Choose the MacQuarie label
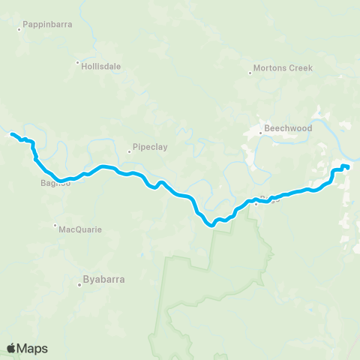pyautogui.click(x=79, y=229)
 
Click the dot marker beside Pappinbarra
pyautogui.click(x=19, y=29)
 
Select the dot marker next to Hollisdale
pyautogui.click(x=76, y=62)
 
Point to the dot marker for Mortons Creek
pyautogui.click(x=250, y=72)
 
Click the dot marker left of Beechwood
pyautogui.click(x=260, y=133)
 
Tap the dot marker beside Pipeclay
pyautogui.click(x=129, y=151)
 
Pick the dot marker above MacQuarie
pyautogui.click(x=55, y=224)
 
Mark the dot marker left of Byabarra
pyautogui.click(x=80, y=284)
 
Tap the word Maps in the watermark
pyautogui.click(x=32, y=348)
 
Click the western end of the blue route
pyautogui.click(x=11, y=134)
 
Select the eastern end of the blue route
pyautogui.click(x=348, y=167)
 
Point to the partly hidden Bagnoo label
pyautogui.click(x=54, y=183)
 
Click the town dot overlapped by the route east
pyautogui.click(x=256, y=203)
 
